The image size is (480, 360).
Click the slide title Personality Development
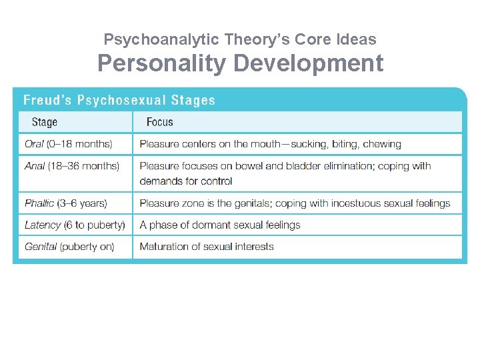click(x=240, y=63)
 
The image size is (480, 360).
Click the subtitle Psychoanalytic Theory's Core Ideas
click(x=240, y=39)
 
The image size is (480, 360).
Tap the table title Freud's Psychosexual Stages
click(x=119, y=101)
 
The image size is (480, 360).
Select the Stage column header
click(x=45, y=122)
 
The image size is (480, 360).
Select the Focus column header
click(x=160, y=122)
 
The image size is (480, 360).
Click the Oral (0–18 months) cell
click(x=69, y=144)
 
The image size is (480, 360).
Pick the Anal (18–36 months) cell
click(x=72, y=166)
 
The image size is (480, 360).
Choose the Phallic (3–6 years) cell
click(x=66, y=203)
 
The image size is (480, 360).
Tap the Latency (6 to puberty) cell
click(x=75, y=225)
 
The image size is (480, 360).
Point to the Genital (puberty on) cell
click(x=69, y=247)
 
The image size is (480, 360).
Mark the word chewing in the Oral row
click(x=381, y=144)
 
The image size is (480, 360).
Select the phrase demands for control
click(x=186, y=181)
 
